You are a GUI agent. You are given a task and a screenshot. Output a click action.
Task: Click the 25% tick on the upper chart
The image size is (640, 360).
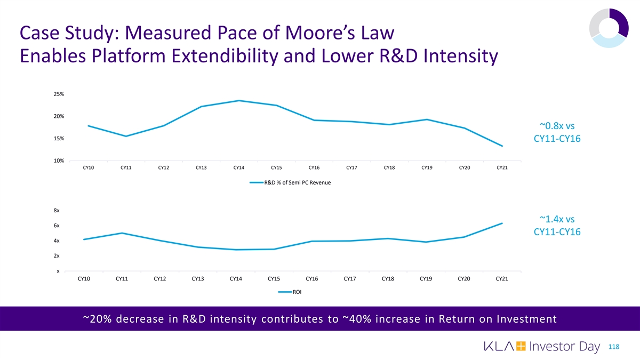(59, 94)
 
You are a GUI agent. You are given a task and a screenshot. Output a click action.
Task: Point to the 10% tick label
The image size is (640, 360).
(59, 161)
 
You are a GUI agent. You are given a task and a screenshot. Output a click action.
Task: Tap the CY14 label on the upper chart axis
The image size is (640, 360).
(239, 168)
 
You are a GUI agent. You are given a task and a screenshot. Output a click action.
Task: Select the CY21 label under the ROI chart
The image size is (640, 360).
(502, 278)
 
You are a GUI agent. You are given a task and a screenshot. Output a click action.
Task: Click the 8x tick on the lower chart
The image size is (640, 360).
(57, 210)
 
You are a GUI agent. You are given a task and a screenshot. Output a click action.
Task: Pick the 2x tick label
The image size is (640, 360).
(57, 256)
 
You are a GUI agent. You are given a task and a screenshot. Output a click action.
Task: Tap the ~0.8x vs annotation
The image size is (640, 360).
(557, 126)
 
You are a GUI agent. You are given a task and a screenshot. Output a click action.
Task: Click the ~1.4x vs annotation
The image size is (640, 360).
(557, 219)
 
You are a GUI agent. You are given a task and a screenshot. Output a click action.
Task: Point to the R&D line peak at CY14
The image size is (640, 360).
(239, 100)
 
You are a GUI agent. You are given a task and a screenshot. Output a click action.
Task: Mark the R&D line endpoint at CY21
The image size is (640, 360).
(502, 146)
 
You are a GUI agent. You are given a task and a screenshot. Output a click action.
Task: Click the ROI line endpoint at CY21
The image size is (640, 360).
(502, 223)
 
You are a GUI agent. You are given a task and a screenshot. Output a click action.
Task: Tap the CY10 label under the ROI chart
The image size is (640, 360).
(84, 278)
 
